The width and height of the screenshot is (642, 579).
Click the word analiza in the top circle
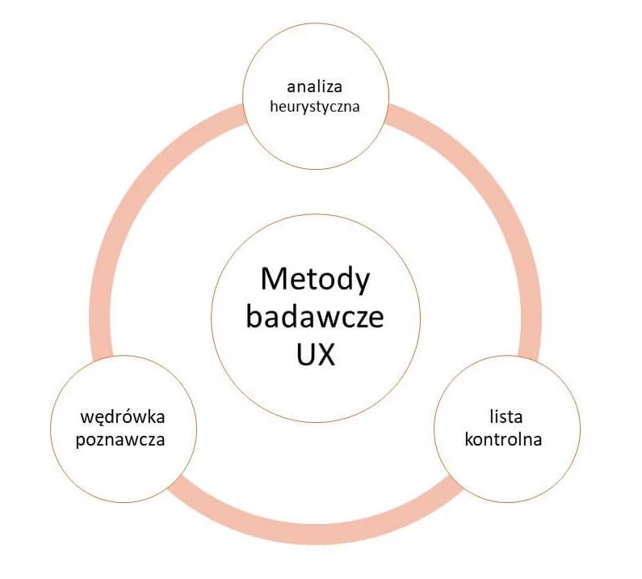(x=315, y=85)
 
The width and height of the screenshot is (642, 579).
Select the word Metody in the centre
(x=315, y=280)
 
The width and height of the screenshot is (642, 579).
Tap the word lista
(x=506, y=417)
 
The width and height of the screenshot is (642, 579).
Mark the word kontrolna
(x=506, y=441)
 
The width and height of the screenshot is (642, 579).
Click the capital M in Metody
(x=273, y=280)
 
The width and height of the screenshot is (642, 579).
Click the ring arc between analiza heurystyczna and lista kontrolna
(x=497, y=202)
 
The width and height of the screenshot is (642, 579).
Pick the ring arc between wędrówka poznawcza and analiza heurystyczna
(x=133, y=202)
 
